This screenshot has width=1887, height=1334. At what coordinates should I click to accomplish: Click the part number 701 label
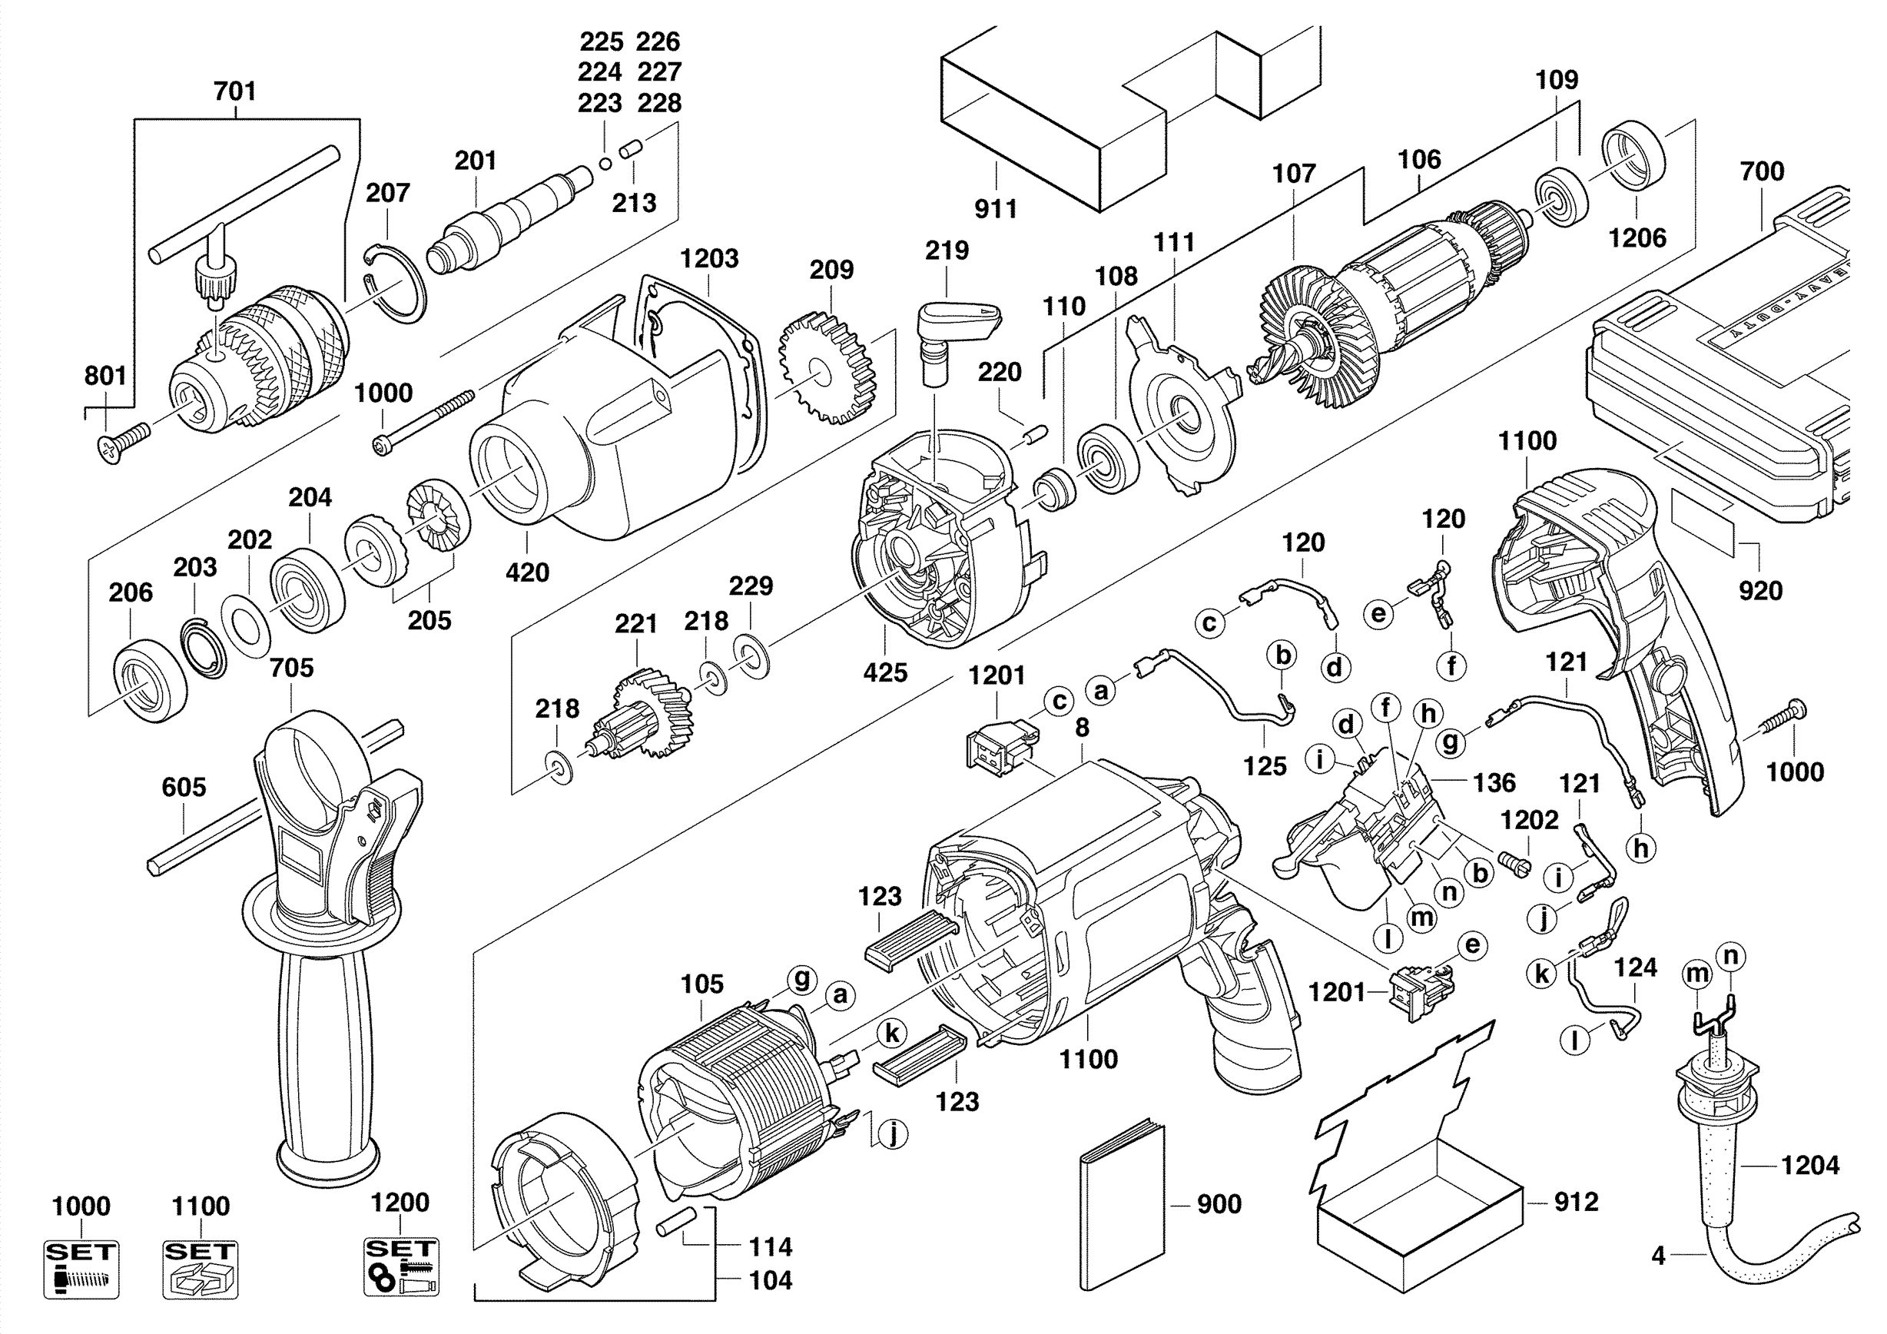click(234, 91)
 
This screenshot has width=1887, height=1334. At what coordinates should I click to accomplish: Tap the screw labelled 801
click(123, 442)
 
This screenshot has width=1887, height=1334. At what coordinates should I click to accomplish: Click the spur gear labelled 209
click(827, 367)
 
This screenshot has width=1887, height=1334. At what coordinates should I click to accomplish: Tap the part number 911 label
click(995, 209)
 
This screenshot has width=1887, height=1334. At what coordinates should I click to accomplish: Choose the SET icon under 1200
click(401, 1266)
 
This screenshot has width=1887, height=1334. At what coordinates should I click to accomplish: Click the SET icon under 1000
click(81, 1269)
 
